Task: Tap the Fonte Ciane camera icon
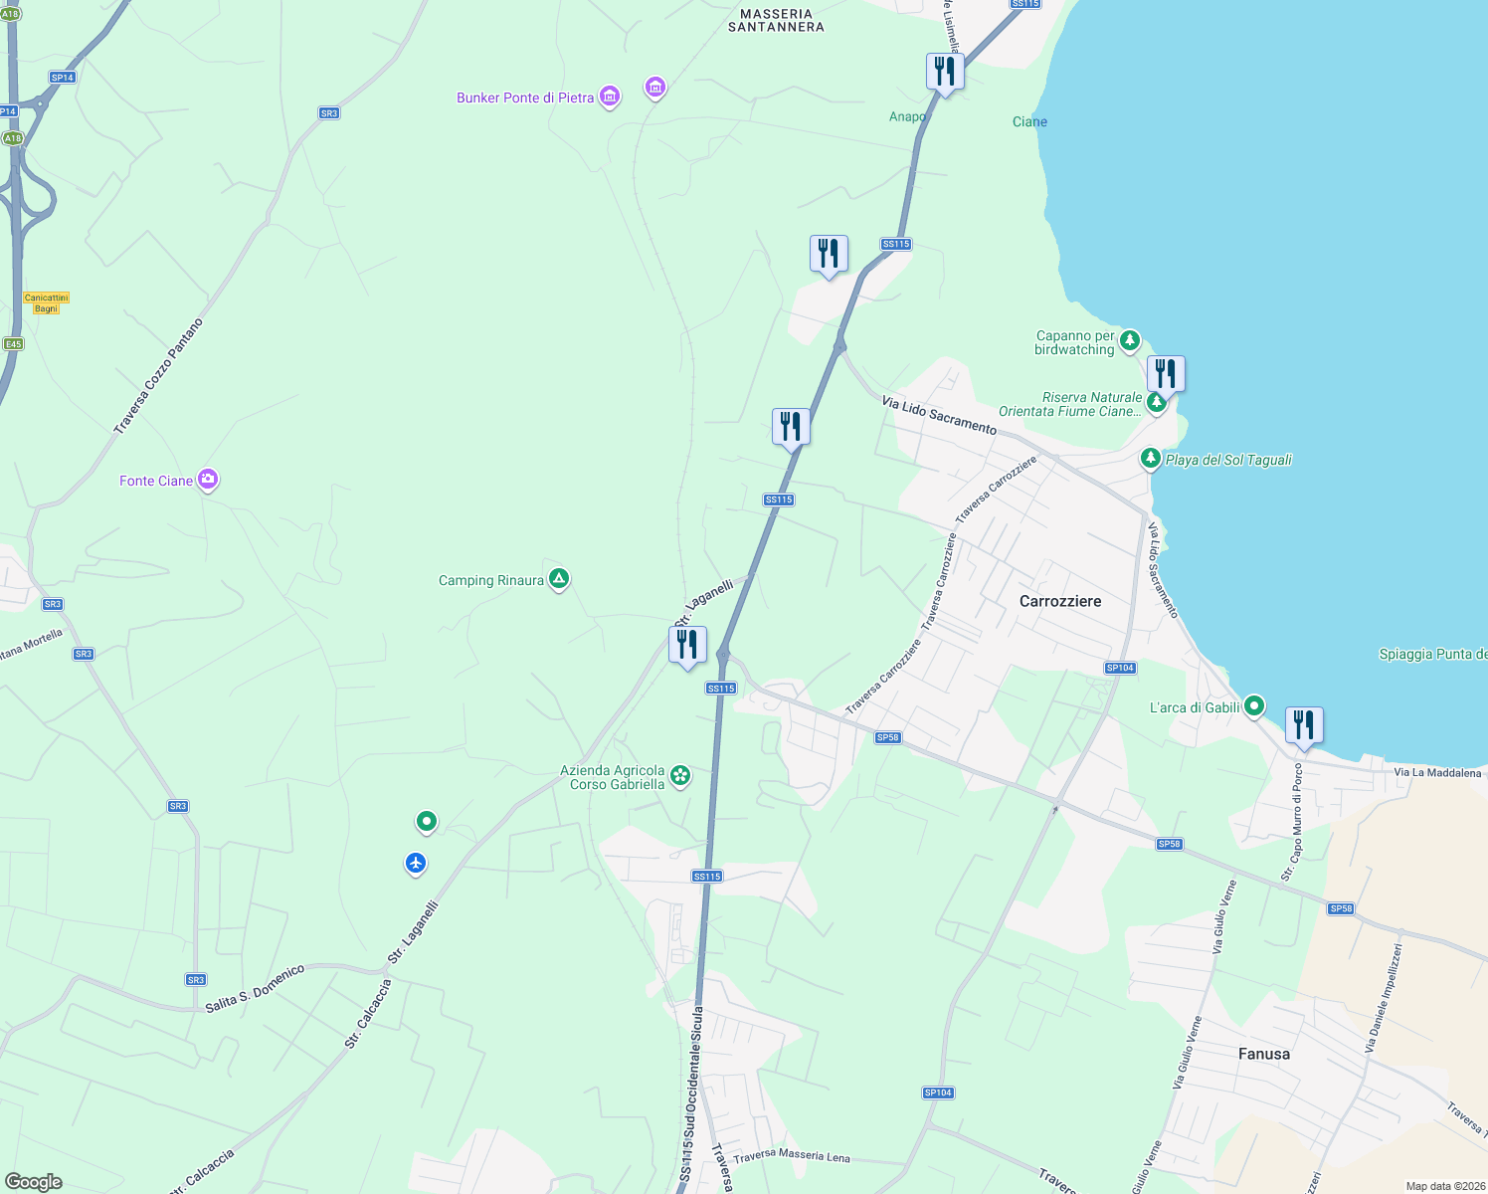tap(207, 480)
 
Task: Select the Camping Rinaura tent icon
tap(559, 578)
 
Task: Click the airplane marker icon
tap(416, 863)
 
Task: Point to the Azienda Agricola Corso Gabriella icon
tap(680, 775)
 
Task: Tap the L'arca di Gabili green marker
tap(1254, 706)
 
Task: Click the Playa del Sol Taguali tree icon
tap(1150, 458)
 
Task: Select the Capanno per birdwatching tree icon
tap(1129, 341)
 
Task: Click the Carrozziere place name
tap(1060, 601)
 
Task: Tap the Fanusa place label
tap(1264, 1054)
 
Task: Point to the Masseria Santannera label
tap(776, 21)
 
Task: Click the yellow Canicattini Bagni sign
tap(47, 302)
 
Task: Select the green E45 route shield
tap(13, 344)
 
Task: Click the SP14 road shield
tap(63, 78)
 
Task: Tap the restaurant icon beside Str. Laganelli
tap(687, 646)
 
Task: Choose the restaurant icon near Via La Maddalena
tap(1304, 725)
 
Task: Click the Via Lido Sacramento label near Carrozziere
tap(939, 415)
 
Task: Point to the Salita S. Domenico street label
tap(255, 989)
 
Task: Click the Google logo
tap(34, 1181)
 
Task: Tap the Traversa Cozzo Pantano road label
tap(158, 376)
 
